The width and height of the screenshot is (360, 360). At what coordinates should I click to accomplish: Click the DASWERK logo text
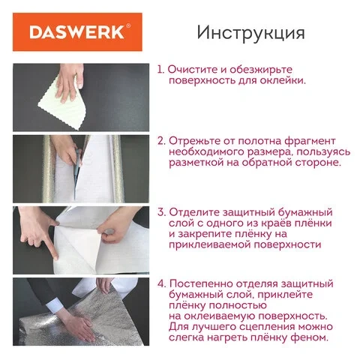(x=76, y=32)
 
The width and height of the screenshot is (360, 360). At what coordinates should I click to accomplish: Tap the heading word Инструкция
(x=250, y=33)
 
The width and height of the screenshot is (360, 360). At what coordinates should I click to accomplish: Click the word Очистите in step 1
(x=193, y=70)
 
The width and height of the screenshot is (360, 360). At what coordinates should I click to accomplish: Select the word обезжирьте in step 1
(x=261, y=70)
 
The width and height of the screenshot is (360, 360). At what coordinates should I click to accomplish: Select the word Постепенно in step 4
(x=201, y=284)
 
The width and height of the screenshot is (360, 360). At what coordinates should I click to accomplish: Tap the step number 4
(x=161, y=284)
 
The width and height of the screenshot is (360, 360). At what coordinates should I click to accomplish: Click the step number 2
(x=161, y=141)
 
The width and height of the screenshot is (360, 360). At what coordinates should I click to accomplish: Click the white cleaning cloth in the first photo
(x=62, y=107)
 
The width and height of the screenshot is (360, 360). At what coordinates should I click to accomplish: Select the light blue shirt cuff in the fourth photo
(x=53, y=305)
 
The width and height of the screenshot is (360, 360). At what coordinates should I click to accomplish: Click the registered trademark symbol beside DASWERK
(x=128, y=25)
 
